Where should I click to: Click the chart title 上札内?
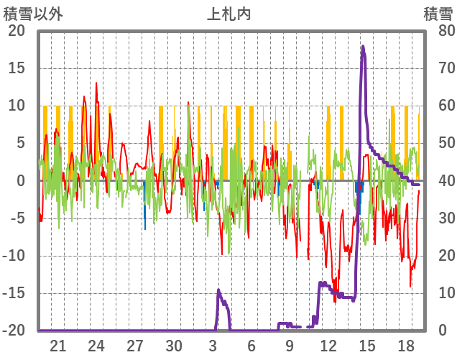pos(228,14)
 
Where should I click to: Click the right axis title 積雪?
pos(437,14)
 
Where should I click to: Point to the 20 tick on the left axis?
pos(17,31)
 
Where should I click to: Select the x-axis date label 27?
pos(135,346)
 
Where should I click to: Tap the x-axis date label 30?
pos(174,346)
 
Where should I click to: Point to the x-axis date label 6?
pos(251,346)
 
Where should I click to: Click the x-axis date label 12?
pos(328,346)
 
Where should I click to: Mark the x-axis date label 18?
pos(406,346)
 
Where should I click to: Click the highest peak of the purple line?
pos(363,47)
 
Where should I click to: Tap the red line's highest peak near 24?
pos(96,83)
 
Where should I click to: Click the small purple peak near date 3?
pos(218,290)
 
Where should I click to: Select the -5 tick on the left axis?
pos(17,218)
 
